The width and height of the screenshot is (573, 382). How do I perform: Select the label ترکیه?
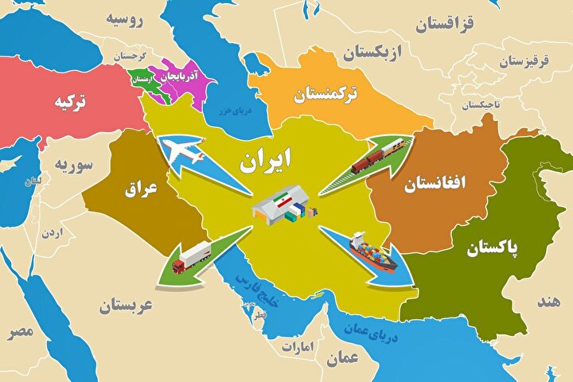pyautogui.click(x=70, y=103)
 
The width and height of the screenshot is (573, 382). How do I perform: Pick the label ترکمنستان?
pyautogui.click(x=325, y=95)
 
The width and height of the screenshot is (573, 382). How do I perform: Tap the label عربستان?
pyautogui.click(x=123, y=304)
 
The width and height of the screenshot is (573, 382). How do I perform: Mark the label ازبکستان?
pyautogui.click(x=374, y=54)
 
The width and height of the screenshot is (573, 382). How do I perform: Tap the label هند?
pyautogui.click(x=548, y=302)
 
